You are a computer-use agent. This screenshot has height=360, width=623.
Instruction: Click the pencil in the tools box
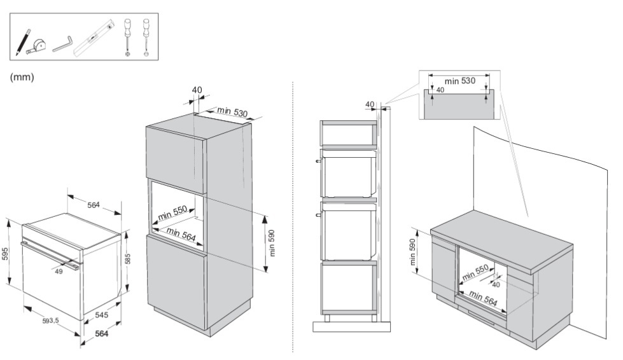pyautogui.click(x=23, y=42)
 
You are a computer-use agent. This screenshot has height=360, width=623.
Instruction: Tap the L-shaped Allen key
pyautogui.click(x=63, y=44)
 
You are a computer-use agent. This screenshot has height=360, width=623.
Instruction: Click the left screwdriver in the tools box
pyautogui.click(x=127, y=38)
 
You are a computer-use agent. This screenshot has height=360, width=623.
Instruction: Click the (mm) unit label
pyautogui.click(x=22, y=77)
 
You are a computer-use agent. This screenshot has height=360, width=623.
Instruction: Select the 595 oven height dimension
pyautogui.click(x=5, y=254)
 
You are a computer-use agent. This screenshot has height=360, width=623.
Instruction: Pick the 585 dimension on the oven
pyautogui.click(x=127, y=259)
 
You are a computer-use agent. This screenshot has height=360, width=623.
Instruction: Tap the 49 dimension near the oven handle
pyautogui.click(x=59, y=272)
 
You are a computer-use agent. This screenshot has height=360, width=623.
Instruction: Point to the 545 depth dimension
pyautogui.click(x=101, y=315)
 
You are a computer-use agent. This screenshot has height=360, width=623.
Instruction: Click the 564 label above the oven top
pyautogui.click(x=94, y=205)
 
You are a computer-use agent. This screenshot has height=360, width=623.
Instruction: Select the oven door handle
pyautogui.click(x=51, y=255)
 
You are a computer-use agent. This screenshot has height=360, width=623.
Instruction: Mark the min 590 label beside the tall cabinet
pyautogui.click(x=272, y=243)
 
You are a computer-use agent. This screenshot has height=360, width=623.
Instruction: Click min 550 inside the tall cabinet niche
pyautogui.click(x=172, y=213)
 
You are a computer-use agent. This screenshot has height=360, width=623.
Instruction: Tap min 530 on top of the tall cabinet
pyautogui.click(x=232, y=111)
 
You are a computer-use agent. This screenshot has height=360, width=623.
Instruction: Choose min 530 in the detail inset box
pyautogui.click(x=459, y=81)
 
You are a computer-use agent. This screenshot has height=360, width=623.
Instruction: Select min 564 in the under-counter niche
pyautogui.click(x=483, y=298)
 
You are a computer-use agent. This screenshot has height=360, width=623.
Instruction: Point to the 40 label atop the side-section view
pyautogui.click(x=370, y=104)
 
